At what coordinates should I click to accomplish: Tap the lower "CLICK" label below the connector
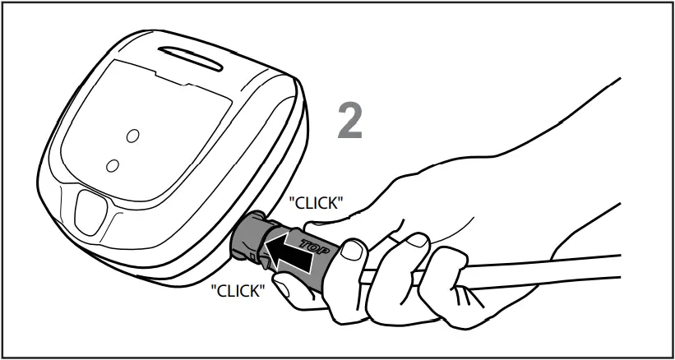click(238, 290)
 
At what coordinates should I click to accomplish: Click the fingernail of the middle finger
click(417, 239)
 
